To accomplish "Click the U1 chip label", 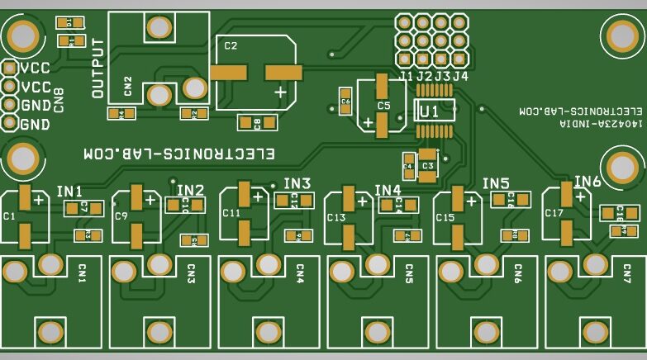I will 429,111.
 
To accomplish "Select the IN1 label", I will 69,192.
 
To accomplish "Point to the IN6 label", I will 588,182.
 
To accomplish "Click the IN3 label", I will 297,183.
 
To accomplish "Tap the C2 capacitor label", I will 231,45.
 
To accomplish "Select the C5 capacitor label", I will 383,106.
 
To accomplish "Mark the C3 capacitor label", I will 427,166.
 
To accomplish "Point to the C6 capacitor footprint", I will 345,101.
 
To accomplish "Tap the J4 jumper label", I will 460,76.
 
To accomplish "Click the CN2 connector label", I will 127,86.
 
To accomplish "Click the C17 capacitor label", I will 553,213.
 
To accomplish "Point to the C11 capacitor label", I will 231,213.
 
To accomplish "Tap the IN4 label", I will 388,190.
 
